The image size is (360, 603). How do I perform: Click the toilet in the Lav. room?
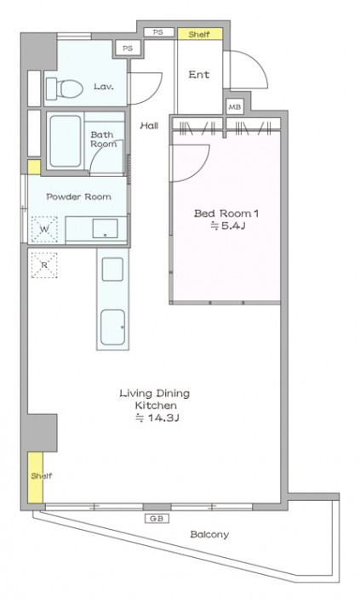point(65,88)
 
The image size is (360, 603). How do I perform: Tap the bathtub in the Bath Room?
point(66,140)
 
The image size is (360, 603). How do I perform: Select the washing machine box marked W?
point(44,230)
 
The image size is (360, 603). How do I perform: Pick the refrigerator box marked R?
point(44,265)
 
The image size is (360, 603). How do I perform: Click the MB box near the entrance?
point(235,107)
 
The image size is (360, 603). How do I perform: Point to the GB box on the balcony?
point(157,519)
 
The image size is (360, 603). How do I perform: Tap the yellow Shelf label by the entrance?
point(200,34)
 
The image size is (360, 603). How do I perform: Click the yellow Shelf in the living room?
point(36,477)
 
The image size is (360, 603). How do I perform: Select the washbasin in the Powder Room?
point(105,229)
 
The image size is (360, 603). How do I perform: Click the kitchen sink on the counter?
point(113,327)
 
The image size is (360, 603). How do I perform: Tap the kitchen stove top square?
point(112,270)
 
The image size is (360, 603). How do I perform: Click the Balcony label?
point(209,534)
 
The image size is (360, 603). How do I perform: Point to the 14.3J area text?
point(157,418)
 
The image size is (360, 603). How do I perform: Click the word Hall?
point(149,125)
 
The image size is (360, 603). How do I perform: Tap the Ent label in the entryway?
point(199,74)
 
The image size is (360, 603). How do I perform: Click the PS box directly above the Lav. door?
point(128,48)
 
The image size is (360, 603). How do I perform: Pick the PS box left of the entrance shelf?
point(158,32)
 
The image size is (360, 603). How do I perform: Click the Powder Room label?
point(79,196)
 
